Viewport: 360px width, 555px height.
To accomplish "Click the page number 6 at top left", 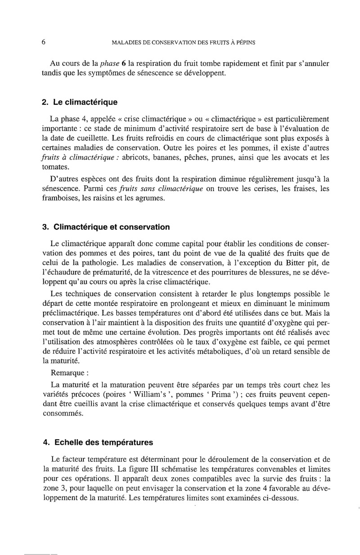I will point(43,42).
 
